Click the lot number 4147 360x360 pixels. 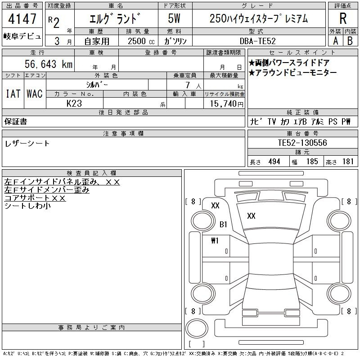22,18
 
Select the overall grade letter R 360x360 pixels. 343,18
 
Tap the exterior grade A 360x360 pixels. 335,41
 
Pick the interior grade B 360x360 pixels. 350,41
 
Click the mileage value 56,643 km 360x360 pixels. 49,64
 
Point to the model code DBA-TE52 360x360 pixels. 257,41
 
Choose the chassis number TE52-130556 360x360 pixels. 302,143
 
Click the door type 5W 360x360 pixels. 174,18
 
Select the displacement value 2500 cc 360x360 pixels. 141,41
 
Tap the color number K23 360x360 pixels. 74,103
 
